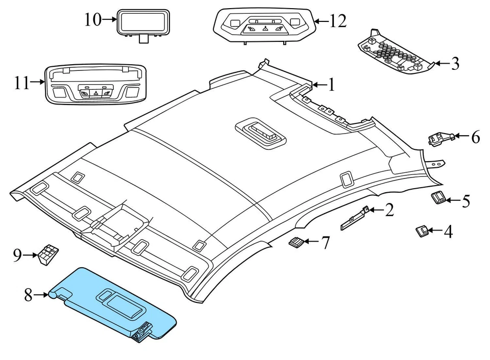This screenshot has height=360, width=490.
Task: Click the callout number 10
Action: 93,20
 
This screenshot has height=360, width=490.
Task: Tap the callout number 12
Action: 338,21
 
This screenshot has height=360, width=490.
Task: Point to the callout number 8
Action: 29,295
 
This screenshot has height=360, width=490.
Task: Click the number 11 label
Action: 22,83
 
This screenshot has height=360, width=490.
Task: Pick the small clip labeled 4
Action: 422,232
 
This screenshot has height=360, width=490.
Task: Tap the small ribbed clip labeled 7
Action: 296,242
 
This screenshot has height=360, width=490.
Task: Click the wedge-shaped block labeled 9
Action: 48,254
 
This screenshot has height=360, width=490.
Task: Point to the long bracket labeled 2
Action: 354,218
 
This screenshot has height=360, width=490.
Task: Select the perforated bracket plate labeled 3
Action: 397,52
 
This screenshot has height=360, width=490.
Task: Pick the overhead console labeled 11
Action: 96,84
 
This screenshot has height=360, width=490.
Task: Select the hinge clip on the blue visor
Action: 142,332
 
